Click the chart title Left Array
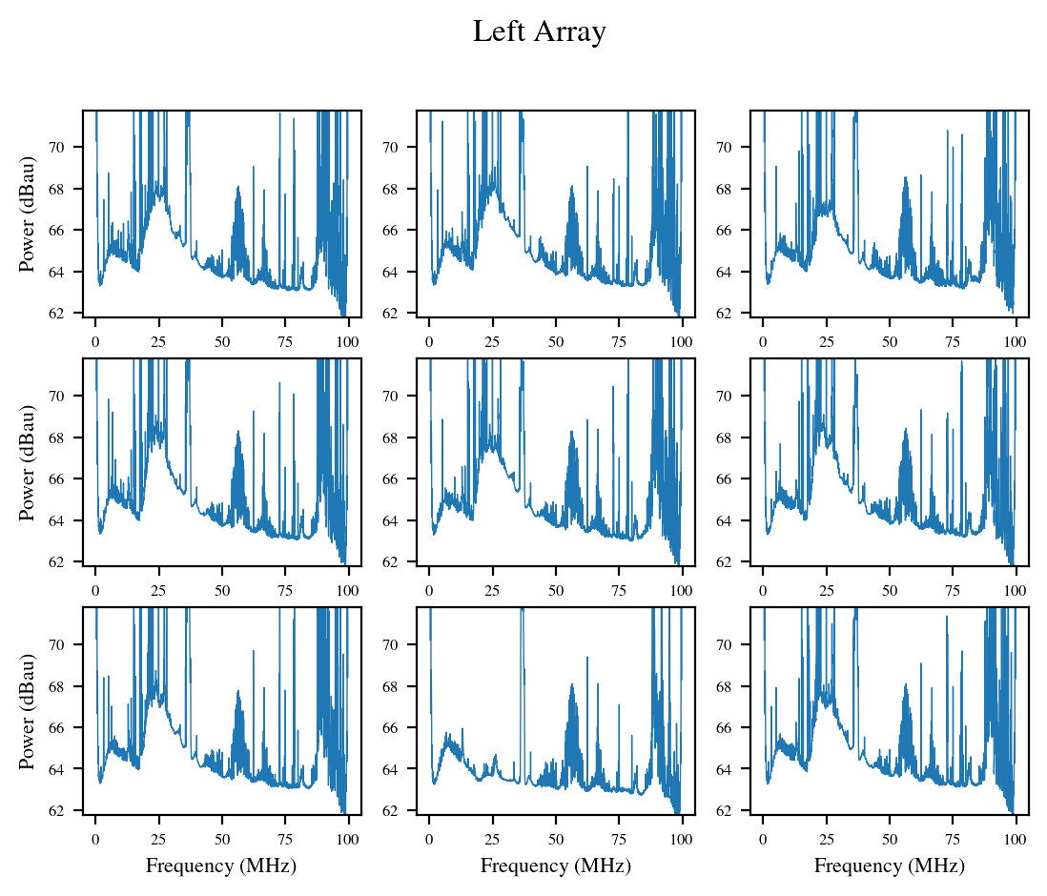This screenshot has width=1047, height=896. click(540, 32)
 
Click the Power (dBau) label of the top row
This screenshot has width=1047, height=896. click(27, 214)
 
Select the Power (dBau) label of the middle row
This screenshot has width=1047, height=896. click(27, 462)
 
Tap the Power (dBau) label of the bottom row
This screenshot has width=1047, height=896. click(27, 711)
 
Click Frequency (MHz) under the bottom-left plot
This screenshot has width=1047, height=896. click(221, 865)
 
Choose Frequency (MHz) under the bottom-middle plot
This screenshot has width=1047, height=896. click(555, 865)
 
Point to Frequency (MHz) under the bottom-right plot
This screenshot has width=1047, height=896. click(889, 865)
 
